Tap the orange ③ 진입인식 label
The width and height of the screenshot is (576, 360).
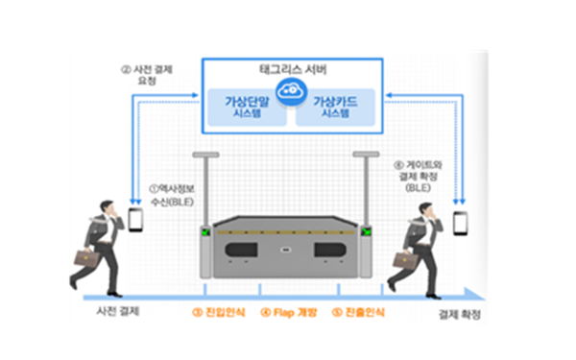(219, 314)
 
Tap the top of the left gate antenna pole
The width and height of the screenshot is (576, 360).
(205, 154)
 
